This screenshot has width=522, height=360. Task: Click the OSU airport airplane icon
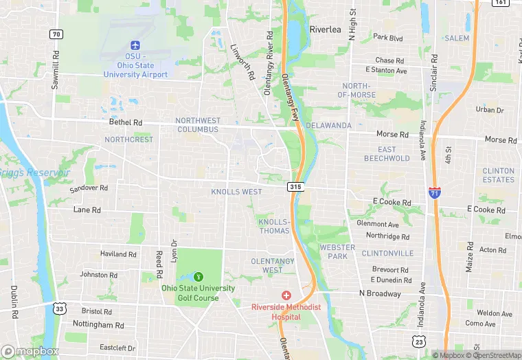pyautogui.click(x=135, y=45)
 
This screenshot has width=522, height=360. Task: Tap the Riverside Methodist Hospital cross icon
pyautogui.click(x=286, y=295)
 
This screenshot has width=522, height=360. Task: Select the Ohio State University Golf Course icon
pyautogui.click(x=199, y=276)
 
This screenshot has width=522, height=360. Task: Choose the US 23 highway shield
pyautogui.click(x=418, y=341)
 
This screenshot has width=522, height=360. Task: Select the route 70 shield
pyautogui.click(x=56, y=34)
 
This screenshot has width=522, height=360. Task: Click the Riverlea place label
pyautogui.click(x=325, y=30)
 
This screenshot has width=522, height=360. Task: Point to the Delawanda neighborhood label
pyautogui.click(x=328, y=126)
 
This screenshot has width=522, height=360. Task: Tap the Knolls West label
pyautogui.click(x=236, y=192)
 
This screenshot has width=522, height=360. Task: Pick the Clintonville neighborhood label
pyautogui.click(x=387, y=253)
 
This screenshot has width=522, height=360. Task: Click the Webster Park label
pyautogui.click(x=337, y=251)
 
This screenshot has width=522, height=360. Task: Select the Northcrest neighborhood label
pyautogui.click(x=129, y=139)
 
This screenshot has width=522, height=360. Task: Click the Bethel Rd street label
pyautogui.click(x=126, y=122)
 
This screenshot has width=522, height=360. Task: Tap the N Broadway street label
pyautogui.click(x=380, y=293)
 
